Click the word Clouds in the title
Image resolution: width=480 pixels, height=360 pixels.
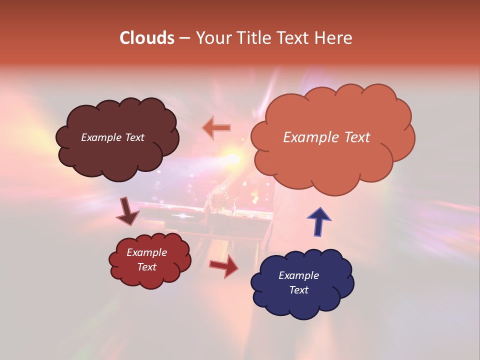coord(147,37)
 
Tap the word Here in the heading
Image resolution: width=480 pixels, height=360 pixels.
coord(334,37)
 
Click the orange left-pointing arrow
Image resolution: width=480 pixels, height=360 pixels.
coord(216,128)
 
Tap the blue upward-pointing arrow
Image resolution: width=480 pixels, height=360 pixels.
coord(318,221)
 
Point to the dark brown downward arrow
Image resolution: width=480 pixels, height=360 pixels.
coord(127,211)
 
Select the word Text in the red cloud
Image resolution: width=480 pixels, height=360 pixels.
coord(147,267)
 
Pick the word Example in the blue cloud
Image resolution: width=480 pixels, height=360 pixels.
coord(298,275)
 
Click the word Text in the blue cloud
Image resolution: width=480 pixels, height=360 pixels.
coord(298,290)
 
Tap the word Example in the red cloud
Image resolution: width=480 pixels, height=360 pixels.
coord(147,252)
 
